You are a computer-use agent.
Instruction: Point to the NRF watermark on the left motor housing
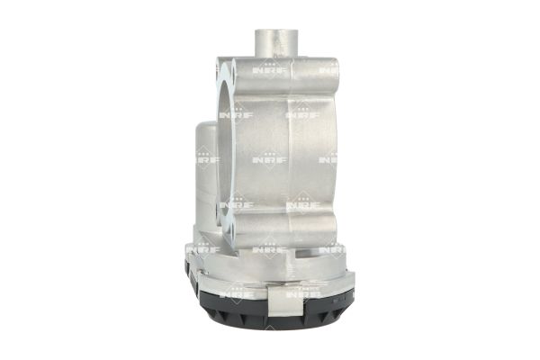[207, 160]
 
